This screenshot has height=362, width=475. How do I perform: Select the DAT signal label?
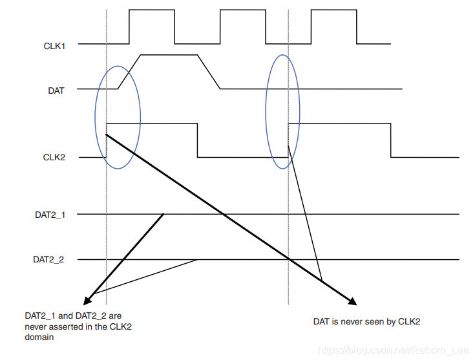tap(56, 91)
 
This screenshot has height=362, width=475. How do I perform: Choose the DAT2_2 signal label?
tap(48, 260)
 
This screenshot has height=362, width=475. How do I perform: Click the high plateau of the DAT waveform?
tap(168, 56)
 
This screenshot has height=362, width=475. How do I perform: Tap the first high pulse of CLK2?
tap(152, 123)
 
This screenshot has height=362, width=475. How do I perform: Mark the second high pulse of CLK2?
tap(339, 123)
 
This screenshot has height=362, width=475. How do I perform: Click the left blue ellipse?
tap(117, 117)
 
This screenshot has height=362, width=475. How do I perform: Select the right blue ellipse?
tap(282, 112)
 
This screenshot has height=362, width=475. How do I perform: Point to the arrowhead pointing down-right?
tap(352, 301)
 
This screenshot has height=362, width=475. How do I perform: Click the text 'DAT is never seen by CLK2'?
tap(366, 322)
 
